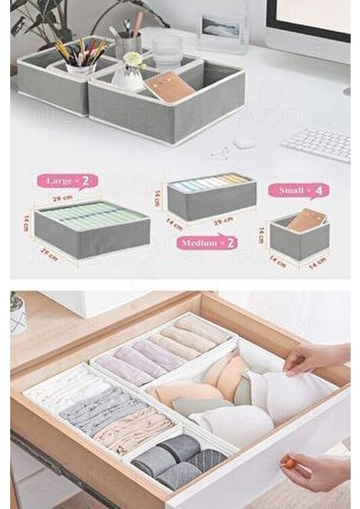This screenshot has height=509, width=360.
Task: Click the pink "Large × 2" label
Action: coord(66,181)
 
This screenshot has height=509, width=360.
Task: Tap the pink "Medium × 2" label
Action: coord(206,242)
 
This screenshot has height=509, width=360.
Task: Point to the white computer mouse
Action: coord(245,143)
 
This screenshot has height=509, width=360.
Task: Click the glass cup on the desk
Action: coord(167,51)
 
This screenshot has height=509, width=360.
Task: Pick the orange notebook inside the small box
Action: coord(305,220)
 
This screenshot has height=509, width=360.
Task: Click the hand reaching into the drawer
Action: coord(326,357)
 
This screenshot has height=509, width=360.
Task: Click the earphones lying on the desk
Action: coord(221,153)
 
